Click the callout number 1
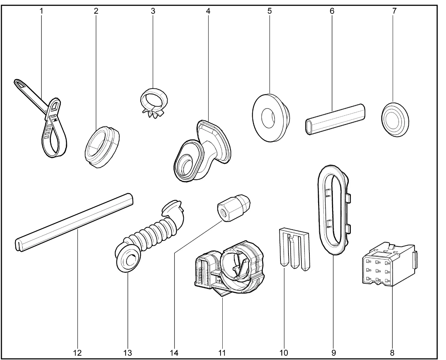(41, 11)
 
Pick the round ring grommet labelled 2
(102, 147)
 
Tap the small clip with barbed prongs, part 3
(154, 103)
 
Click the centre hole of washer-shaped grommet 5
(268, 118)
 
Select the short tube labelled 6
(335, 119)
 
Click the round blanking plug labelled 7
(395, 120)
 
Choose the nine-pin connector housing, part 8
(390, 265)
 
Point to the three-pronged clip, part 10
(294, 249)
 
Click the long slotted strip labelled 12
(74, 222)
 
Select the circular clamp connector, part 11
(230, 269)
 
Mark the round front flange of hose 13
(128, 259)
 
